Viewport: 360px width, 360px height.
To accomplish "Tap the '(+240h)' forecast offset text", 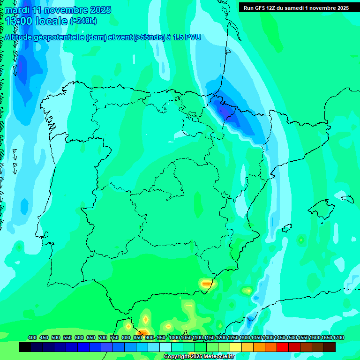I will click(83, 21).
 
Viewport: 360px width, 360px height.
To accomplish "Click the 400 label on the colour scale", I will click(32, 338).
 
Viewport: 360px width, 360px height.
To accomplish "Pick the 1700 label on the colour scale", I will click(338, 338).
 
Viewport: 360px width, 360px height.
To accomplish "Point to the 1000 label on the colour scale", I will click(174, 338).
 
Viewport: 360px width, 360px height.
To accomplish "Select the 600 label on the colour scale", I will click(79, 338).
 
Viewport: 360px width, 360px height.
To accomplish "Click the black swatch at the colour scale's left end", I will click(25, 347).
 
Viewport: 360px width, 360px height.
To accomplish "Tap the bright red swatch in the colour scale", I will click(283, 347).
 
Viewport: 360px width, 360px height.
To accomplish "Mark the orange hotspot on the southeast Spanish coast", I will click(206, 283).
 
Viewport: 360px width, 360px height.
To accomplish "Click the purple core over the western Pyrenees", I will click(224, 111).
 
